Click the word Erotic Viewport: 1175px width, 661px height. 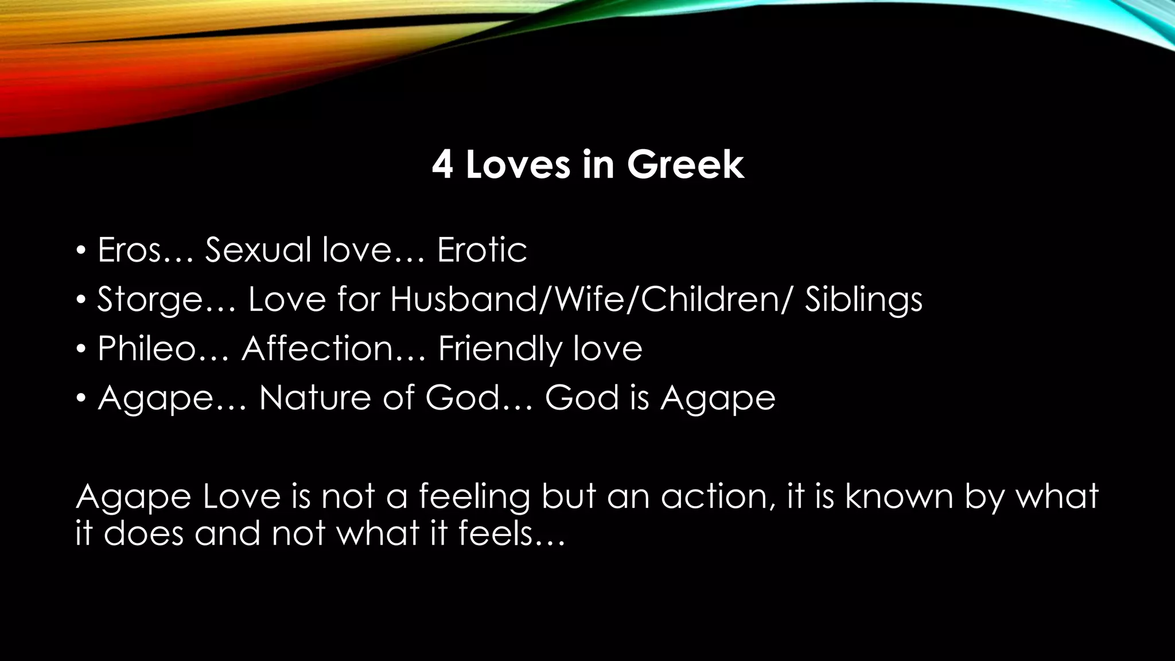482,250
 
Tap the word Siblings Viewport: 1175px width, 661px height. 863,300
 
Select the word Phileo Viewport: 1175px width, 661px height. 147,349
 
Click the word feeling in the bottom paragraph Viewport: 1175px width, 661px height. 474,497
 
